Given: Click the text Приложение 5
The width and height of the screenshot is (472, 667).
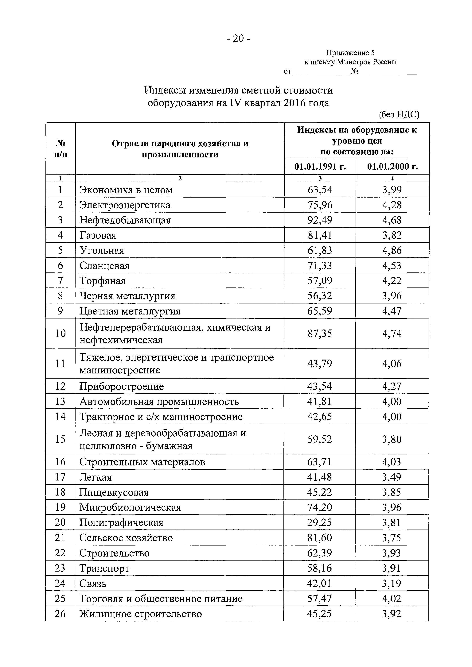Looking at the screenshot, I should tap(350, 53).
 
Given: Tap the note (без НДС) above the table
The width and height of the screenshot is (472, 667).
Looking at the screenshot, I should tap(399, 115).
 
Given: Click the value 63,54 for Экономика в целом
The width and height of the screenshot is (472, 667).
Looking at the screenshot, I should tap(320, 190).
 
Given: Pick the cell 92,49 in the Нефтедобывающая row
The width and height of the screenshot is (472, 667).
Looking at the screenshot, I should tap(320, 220).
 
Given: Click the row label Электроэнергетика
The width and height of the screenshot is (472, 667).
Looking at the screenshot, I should tap(125, 205).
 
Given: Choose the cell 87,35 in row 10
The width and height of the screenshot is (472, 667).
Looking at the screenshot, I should tap(320, 333).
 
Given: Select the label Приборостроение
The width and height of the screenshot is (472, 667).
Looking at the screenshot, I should tap(122, 386).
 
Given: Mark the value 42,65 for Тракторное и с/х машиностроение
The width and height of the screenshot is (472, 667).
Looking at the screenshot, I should tap(320, 417).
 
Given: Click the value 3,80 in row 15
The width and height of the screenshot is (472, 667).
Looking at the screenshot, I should tap(392, 439).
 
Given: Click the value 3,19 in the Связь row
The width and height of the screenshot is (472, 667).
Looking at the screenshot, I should tap(392, 583).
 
